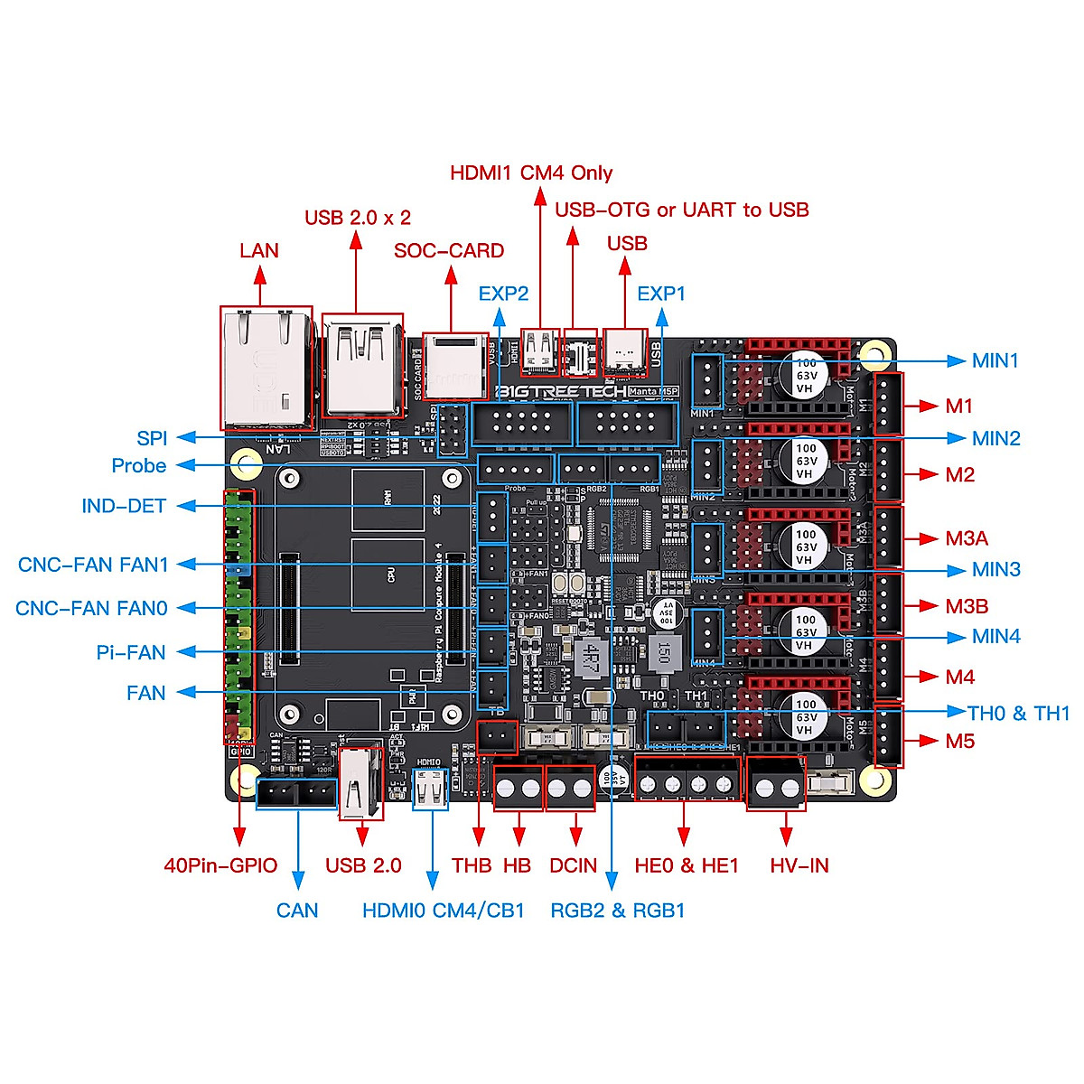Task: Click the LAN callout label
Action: [259, 251]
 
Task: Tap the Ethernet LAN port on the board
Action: [266, 368]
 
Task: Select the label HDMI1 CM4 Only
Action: [531, 173]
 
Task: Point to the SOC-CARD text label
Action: [449, 251]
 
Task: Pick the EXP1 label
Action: [661, 294]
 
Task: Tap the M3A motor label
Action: [967, 539]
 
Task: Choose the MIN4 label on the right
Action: [996, 637]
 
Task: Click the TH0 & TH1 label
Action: [1018, 714]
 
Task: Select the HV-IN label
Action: [799, 865]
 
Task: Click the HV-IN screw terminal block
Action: [776, 784]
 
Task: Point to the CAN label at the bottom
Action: [297, 911]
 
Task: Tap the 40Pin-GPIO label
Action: [220, 865]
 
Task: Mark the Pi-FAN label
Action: [131, 652]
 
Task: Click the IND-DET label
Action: [124, 506]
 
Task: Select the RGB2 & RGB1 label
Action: [618, 911]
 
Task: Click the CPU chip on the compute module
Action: [388, 575]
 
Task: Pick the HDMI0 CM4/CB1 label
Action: [444, 911]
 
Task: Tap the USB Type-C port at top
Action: [625, 352]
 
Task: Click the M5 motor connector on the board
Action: [889, 734]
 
